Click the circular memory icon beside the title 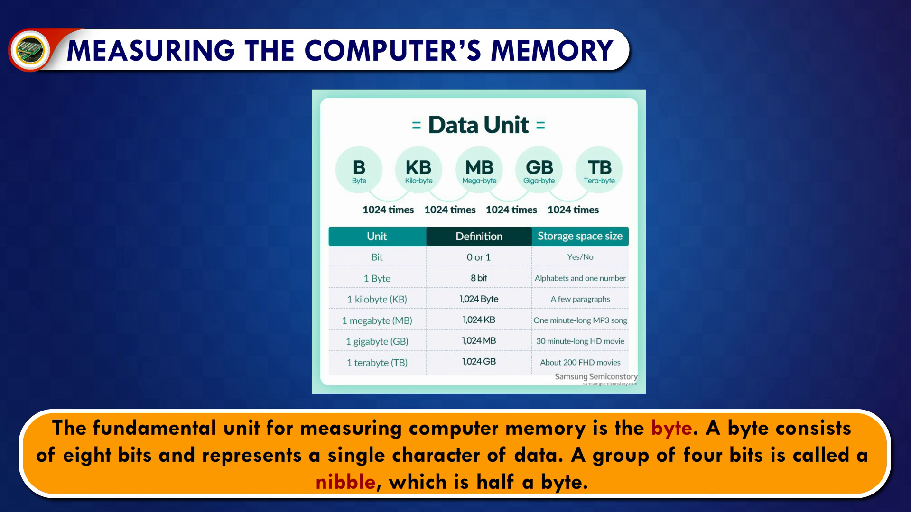coord(30,50)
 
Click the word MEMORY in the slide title coord(552,50)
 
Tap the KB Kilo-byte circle coord(418,170)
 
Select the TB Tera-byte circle coord(599,170)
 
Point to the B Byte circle coord(359,170)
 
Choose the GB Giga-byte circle coord(539,170)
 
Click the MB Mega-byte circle coord(479,170)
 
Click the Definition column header coord(479,236)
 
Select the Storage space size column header coord(580,236)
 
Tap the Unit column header coord(377,236)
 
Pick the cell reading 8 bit coord(479,278)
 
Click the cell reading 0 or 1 coord(479,257)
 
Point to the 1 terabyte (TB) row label coord(377,363)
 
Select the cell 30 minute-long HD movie coord(580,341)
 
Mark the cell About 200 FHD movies coord(580,362)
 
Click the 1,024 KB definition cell coord(479,320)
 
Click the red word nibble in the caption coord(345,482)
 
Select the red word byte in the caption coord(671,429)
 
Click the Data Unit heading coord(478,125)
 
